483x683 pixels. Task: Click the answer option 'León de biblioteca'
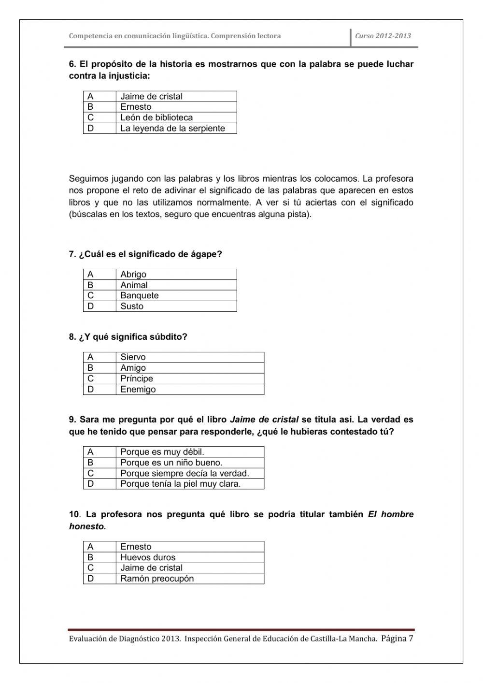pos(156,117)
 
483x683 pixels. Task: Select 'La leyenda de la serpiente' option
pos(172,128)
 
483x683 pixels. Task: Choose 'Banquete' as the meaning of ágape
pos(139,295)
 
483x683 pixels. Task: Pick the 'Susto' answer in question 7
pos(132,306)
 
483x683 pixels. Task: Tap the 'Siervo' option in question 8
pos(133,357)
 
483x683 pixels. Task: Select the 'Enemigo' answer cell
pos(138,389)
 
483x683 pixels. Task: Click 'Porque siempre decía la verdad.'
pos(185,473)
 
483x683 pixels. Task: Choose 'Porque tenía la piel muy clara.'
pos(180,484)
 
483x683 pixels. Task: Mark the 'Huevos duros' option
pos(148,557)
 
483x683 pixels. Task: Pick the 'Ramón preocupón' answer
pos(157,579)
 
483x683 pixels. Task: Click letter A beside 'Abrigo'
pos(90,274)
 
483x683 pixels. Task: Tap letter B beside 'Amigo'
pos(90,368)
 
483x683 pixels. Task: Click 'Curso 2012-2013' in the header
pos(383,36)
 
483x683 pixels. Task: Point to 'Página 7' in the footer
pos(397,638)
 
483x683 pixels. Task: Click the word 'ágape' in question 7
pos(205,254)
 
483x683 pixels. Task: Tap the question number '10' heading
pos(73,514)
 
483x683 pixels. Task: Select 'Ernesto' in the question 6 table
pos(136,107)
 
